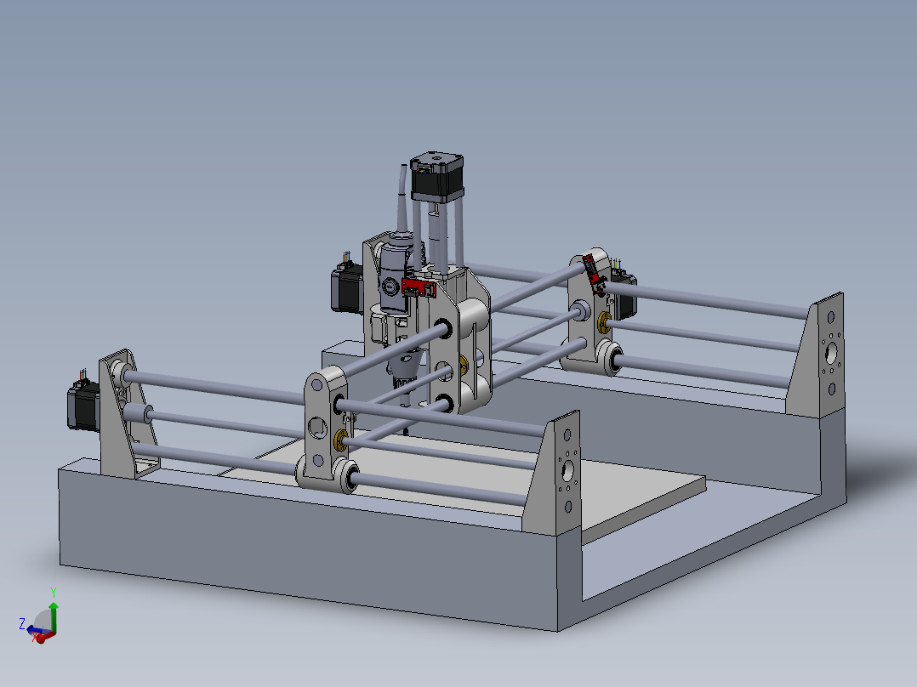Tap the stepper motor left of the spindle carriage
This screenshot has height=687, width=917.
(x=346, y=288)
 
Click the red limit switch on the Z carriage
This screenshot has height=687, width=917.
(x=418, y=287)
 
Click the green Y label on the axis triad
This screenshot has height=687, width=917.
(x=53, y=592)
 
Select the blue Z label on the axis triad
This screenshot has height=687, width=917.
(x=21, y=624)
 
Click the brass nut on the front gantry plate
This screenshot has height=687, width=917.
(x=342, y=439)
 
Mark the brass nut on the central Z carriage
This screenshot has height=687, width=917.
(x=464, y=366)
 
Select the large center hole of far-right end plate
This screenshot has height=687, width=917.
(x=830, y=350)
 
